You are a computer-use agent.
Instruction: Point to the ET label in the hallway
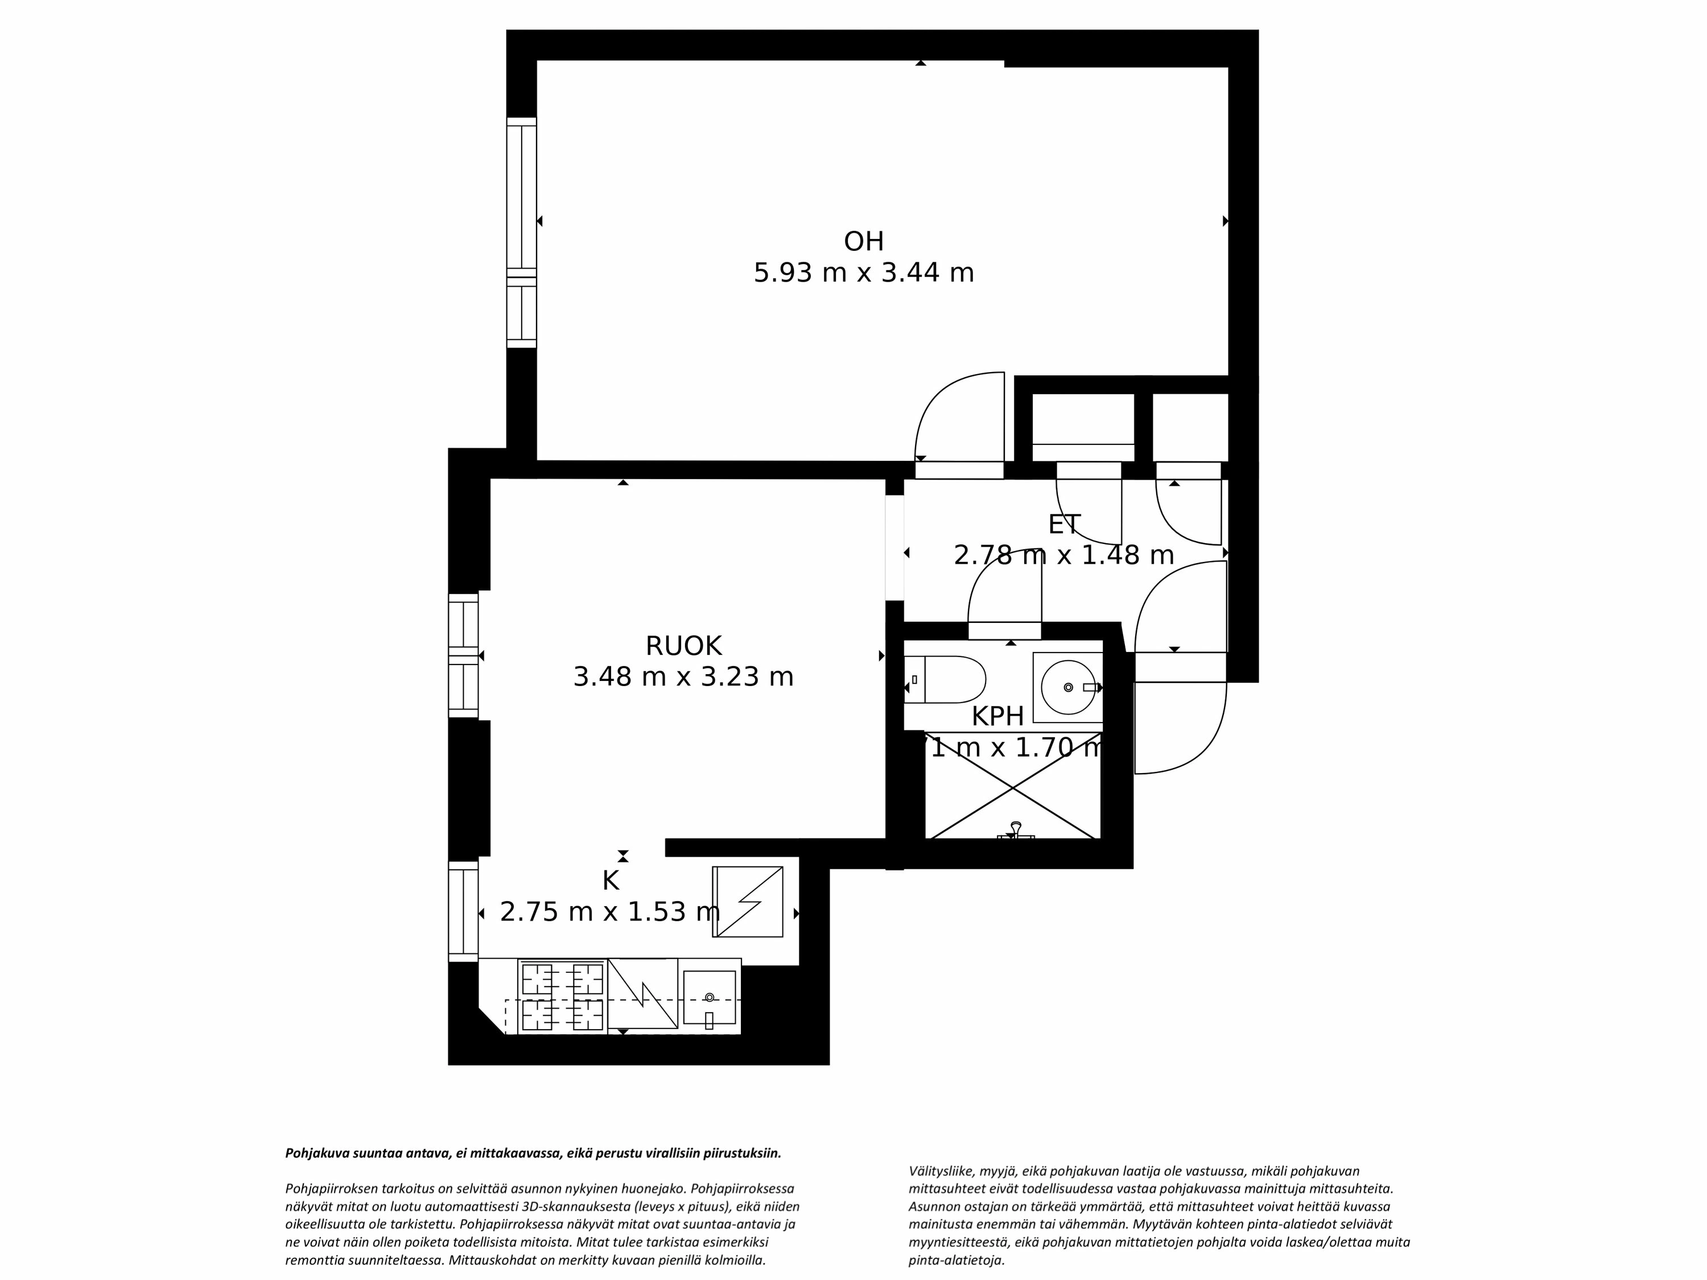1063,525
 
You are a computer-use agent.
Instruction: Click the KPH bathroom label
997,716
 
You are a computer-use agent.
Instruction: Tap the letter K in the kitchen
611,880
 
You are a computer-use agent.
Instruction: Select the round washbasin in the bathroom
1068,687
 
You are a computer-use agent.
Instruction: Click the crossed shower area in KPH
1012,788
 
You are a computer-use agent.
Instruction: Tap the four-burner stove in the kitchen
562,996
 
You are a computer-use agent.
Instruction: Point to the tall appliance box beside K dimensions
747,902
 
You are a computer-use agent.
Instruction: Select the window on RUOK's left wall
463,656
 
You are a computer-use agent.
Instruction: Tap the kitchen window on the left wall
463,912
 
